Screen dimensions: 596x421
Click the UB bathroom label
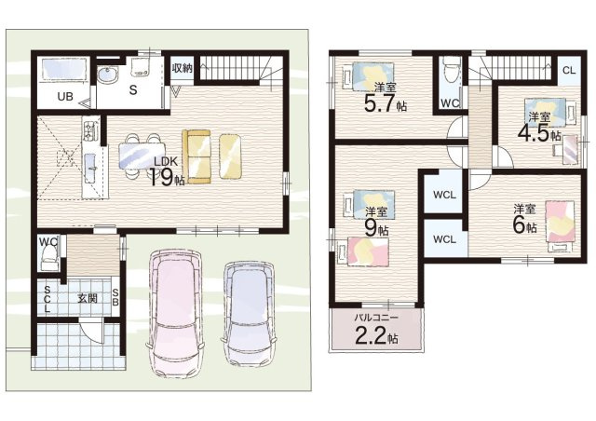pyautogui.click(x=65, y=97)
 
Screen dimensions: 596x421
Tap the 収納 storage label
pyautogui.click(x=183, y=68)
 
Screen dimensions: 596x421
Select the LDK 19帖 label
pyautogui.click(x=166, y=172)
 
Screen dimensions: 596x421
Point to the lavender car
pyautogui.click(x=249, y=313)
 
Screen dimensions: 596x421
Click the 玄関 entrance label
pyautogui.click(x=88, y=299)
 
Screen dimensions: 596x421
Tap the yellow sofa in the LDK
pyautogui.click(x=196, y=156)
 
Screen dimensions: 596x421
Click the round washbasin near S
pyautogui.click(x=108, y=75)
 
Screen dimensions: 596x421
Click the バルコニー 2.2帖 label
pyautogui.click(x=376, y=329)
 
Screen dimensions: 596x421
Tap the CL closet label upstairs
pyautogui.click(x=569, y=71)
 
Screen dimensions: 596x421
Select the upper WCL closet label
pyautogui.click(x=444, y=195)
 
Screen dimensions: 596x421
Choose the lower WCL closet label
pyautogui.click(x=444, y=239)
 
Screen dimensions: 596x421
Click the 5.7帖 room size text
pyautogui.click(x=385, y=103)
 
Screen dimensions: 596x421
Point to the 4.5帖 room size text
pyautogui.click(x=539, y=133)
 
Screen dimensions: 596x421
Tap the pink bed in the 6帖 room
pyautogui.click(x=560, y=222)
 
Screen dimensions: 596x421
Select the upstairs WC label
pyautogui.click(x=450, y=102)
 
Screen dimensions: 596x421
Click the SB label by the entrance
pyautogui.click(x=115, y=298)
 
